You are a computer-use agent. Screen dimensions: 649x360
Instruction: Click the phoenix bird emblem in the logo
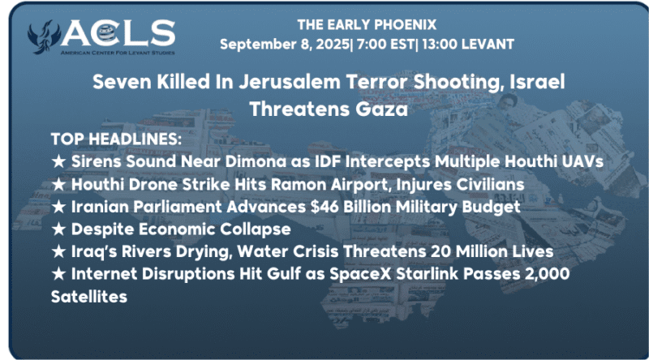tap(41, 36)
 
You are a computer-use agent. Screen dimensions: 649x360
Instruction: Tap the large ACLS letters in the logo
tap(118, 33)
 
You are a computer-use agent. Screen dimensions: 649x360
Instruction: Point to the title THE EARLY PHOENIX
tap(367, 25)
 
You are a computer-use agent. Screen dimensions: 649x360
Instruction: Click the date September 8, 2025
tap(285, 45)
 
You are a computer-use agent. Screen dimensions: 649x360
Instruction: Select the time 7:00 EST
tap(385, 45)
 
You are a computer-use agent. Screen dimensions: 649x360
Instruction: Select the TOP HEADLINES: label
tap(116, 139)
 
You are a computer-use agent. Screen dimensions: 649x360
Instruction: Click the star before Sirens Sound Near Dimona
tap(58, 161)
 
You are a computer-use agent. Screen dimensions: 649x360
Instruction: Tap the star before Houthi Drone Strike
tap(58, 185)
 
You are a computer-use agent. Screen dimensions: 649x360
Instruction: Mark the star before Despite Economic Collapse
tap(58, 229)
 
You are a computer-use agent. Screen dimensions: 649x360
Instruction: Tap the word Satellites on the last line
tap(89, 297)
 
